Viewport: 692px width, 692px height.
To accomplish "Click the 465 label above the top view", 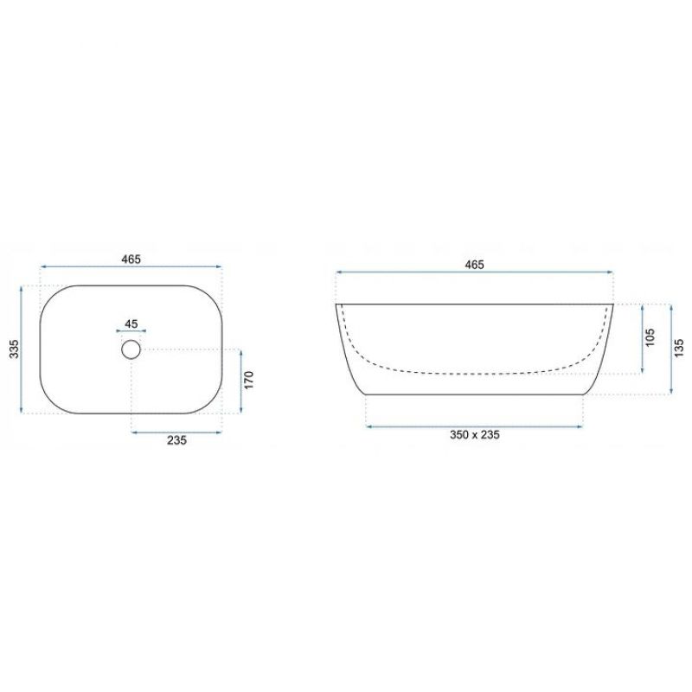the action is (x=131, y=259).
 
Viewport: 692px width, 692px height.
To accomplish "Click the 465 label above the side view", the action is (x=474, y=265).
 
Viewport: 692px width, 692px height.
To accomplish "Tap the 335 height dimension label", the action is (x=15, y=349).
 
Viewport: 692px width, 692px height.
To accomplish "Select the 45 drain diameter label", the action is (x=131, y=324).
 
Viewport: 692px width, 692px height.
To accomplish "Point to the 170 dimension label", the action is (x=249, y=380).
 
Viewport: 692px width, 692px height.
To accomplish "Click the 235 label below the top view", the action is (x=176, y=440).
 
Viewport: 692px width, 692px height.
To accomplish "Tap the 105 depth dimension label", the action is (x=650, y=337).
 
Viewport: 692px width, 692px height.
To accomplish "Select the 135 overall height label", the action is (x=679, y=348).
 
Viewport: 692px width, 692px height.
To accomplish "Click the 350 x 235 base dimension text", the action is (x=474, y=435).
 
